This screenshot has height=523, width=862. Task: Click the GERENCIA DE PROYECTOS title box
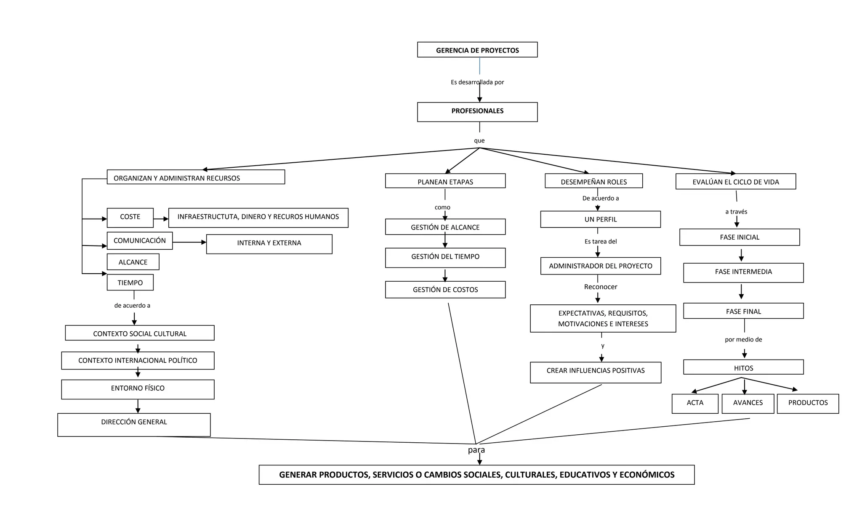click(477, 50)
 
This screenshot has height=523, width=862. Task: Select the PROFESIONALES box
click(477, 112)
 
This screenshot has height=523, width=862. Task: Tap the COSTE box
click(130, 217)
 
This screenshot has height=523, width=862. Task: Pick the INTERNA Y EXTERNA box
click(269, 244)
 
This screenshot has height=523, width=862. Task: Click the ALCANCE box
click(133, 262)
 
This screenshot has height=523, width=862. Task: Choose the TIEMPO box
click(130, 283)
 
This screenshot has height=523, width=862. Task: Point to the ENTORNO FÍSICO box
click(138, 389)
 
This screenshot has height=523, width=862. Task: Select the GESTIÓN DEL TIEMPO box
click(445, 258)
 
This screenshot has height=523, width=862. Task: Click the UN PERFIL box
click(601, 219)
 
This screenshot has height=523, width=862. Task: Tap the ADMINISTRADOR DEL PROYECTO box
click(601, 266)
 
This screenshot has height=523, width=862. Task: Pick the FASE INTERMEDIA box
click(743, 272)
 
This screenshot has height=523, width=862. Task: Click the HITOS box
click(743, 367)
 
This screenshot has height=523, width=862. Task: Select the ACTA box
click(695, 403)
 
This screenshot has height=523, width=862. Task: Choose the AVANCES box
click(748, 403)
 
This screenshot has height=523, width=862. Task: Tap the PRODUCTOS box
click(808, 403)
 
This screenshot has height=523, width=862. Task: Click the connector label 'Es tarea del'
click(601, 242)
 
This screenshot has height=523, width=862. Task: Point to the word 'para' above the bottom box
click(476, 450)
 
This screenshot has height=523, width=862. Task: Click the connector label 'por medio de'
click(743, 340)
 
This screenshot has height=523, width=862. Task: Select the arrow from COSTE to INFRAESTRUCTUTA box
click(161, 219)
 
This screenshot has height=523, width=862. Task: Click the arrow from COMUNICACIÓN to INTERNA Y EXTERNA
click(189, 243)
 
